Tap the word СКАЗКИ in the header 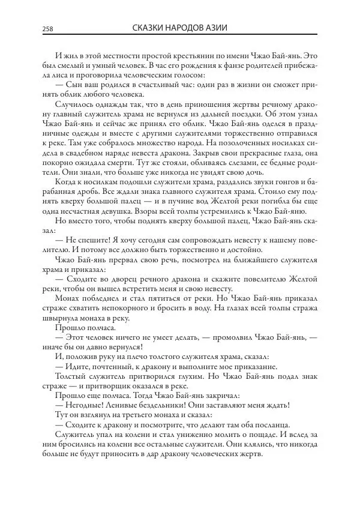click(147, 28)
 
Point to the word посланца click(272, 426)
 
